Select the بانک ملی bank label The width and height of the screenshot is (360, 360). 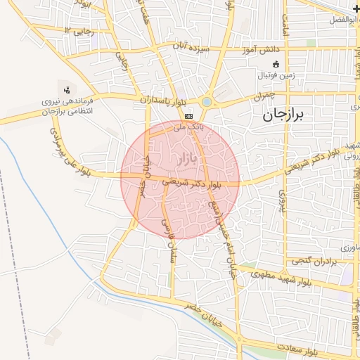click(188, 128)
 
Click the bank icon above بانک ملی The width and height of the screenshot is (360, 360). click(188, 116)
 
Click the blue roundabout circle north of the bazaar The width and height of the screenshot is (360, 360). click(206, 103)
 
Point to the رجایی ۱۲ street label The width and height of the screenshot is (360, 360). click(77, 30)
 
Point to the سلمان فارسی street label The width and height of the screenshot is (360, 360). click(169, 243)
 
